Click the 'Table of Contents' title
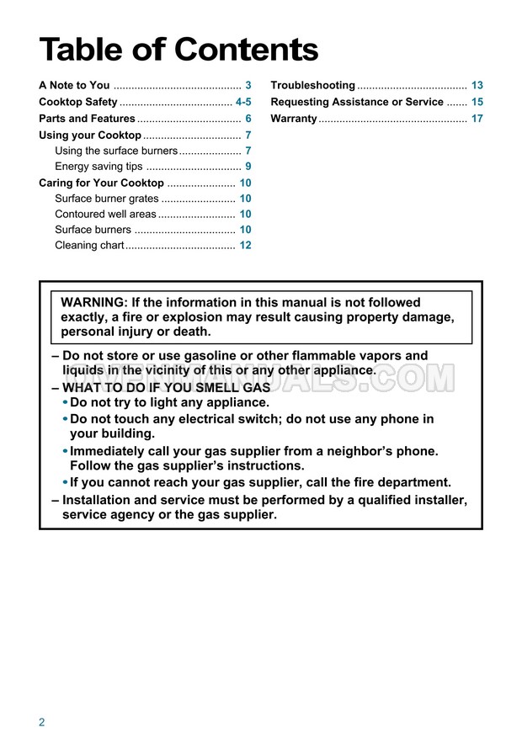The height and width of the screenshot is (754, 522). coord(178,50)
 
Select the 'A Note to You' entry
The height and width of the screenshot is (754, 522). coord(74,86)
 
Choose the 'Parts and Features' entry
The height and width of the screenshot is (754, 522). coord(87,119)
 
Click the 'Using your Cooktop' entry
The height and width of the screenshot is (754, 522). coord(90,135)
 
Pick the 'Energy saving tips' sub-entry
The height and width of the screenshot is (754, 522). coord(99,167)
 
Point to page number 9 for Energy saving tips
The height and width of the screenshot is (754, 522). coord(248,167)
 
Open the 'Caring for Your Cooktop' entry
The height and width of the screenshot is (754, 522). coord(101,183)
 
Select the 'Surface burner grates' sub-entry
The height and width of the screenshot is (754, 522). coord(106,199)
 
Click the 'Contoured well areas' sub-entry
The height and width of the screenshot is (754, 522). coord(105,215)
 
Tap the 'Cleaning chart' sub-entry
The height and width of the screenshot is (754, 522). coord(89,246)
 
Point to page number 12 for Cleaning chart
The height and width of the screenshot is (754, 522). coord(245,246)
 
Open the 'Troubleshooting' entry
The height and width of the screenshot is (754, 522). coord(312,86)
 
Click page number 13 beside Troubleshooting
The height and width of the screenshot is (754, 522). coord(477,86)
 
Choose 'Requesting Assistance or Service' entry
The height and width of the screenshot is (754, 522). coord(356,102)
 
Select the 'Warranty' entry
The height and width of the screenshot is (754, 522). coord(293,119)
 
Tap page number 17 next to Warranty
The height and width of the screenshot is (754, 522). coord(477,119)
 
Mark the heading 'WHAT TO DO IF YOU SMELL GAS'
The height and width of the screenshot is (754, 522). coord(166,388)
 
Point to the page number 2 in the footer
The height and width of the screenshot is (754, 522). coord(41,722)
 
